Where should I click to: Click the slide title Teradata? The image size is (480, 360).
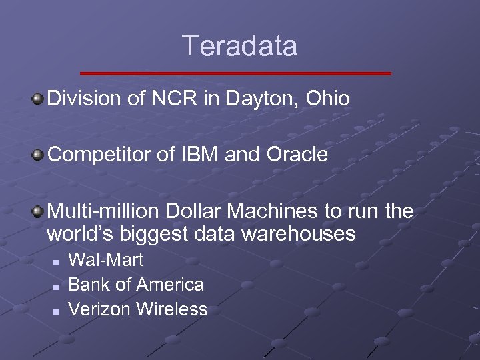pos(239,47)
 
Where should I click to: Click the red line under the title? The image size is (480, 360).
pos(235,73)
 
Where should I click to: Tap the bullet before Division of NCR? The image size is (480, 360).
pos(39,99)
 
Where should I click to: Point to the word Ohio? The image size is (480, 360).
pos(326,99)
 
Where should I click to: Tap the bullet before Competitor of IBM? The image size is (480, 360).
pos(39,155)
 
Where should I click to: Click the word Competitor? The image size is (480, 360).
pos(92,155)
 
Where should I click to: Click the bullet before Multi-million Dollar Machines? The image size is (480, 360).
pos(39,211)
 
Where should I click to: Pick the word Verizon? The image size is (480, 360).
pos(100,309)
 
